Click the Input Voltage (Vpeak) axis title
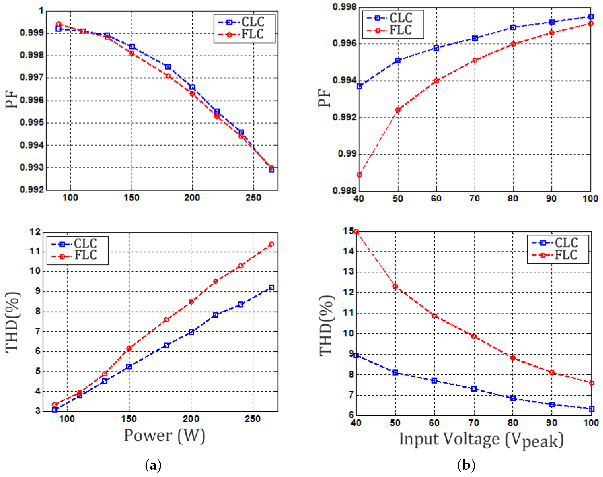pos(481,440)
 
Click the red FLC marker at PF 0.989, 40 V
pos(359,175)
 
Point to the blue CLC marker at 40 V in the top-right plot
pos(359,87)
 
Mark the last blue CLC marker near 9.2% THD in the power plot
pos(271,287)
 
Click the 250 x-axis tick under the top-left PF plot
pos(253,198)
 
